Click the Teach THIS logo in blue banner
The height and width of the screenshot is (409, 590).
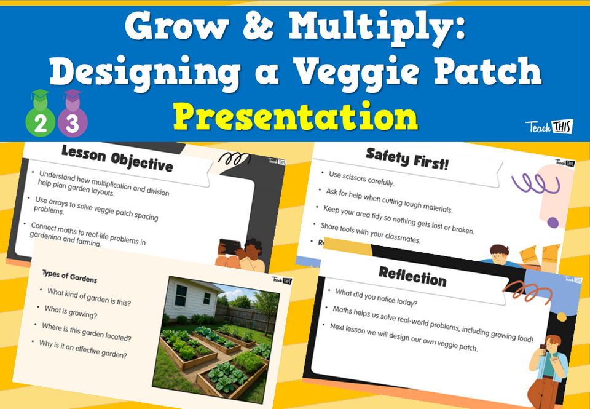click(x=549, y=127)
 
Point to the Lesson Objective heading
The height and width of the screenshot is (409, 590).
click(x=117, y=159)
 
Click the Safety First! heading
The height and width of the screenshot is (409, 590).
click(x=407, y=158)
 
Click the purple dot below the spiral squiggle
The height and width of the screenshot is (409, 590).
click(x=553, y=223)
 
